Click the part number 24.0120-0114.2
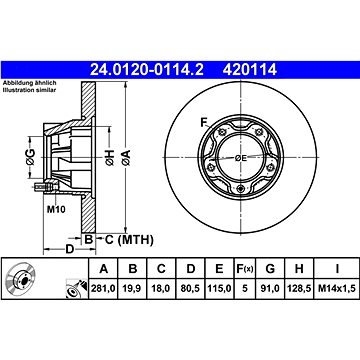tap(147, 70)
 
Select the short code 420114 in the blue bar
tap(250, 70)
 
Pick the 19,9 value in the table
tap(133, 288)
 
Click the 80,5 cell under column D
tap(190, 288)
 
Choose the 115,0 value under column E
tap(219, 288)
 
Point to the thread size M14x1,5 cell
tap(337, 288)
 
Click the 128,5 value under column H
tap(299, 288)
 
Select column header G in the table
tap(270, 268)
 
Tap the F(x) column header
tap(245, 268)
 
